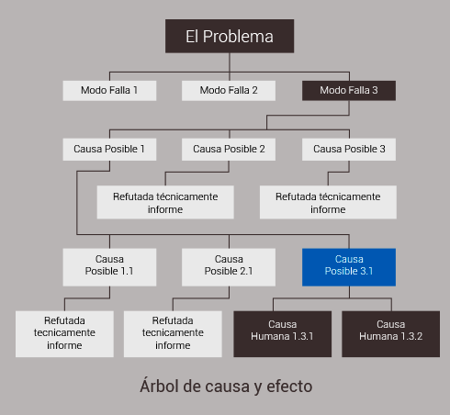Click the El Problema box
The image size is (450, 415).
pos(230,36)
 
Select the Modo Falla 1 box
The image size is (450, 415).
pos(109,91)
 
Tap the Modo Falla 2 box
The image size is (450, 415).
pos(229,91)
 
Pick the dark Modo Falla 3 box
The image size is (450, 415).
pos(349,91)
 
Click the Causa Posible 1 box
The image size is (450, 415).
pos(109,150)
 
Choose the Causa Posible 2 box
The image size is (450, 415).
pos(229,150)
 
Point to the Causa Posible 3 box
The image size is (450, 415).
pos(349,150)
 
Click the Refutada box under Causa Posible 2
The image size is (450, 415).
pos(165,202)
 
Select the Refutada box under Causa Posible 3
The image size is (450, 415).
pos(328,202)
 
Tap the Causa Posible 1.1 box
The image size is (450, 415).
pos(109,267)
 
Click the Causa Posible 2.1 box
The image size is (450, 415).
pos(229,267)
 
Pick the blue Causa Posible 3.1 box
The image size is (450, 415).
pos(349,267)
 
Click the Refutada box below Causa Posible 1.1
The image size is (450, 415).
pos(64,334)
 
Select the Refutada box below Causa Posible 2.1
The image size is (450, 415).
pos(173,334)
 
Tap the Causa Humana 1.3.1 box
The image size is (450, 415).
pos(283,334)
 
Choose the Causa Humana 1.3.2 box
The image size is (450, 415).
pos(391,334)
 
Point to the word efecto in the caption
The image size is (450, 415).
pos(289,387)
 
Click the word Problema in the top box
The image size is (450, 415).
pos(238,37)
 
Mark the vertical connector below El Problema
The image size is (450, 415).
pos(230,62)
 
